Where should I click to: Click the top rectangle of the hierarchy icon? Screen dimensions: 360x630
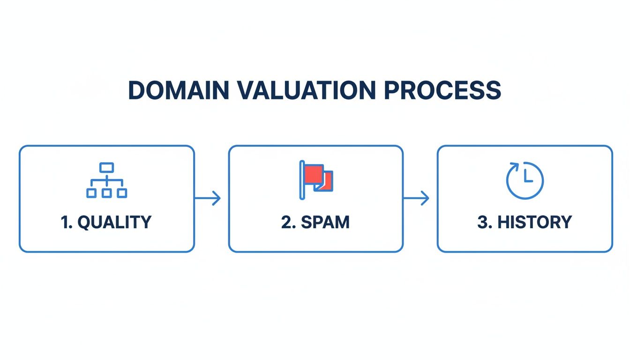(x=107, y=167)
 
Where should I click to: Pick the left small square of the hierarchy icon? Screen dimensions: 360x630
(x=91, y=193)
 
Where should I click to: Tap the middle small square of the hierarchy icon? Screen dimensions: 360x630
(x=107, y=193)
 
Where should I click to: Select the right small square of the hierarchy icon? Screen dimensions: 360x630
(x=122, y=193)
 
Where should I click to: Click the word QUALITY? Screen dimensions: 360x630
(x=114, y=222)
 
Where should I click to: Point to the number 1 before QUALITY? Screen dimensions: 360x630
(x=65, y=222)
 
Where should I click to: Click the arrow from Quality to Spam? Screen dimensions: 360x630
(x=208, y=198)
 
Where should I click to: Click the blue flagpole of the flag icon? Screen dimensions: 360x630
(x=301, y=180)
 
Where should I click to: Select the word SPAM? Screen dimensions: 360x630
(x=325, y=222)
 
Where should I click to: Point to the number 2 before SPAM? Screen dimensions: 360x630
(x=286, y=222)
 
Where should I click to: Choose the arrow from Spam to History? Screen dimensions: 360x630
(x=416, y=198)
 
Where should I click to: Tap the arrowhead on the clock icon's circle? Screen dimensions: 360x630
(x=514, y=166)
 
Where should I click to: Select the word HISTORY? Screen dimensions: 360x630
(x=534, y=222)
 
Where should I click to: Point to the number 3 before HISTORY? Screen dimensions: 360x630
(x=483, y=222)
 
